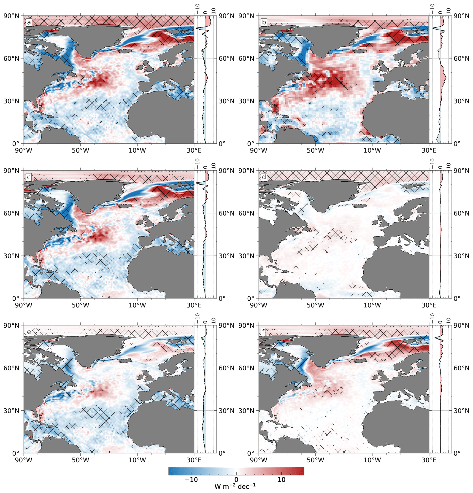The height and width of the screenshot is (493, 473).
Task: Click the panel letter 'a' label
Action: point(29,23)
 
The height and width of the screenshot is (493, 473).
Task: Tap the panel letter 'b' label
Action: point(264,23)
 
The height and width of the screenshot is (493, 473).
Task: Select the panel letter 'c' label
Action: point(29,177)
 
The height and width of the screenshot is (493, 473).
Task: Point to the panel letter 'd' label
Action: point(264,177)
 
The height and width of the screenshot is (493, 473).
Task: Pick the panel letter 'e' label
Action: point(29,332)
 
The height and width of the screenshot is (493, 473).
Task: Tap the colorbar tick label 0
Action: point(236,480)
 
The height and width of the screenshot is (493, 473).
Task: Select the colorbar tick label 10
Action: point(281,480)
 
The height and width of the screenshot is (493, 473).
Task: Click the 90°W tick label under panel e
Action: point(24,460)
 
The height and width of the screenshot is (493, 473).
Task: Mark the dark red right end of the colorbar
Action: point(302,471)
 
